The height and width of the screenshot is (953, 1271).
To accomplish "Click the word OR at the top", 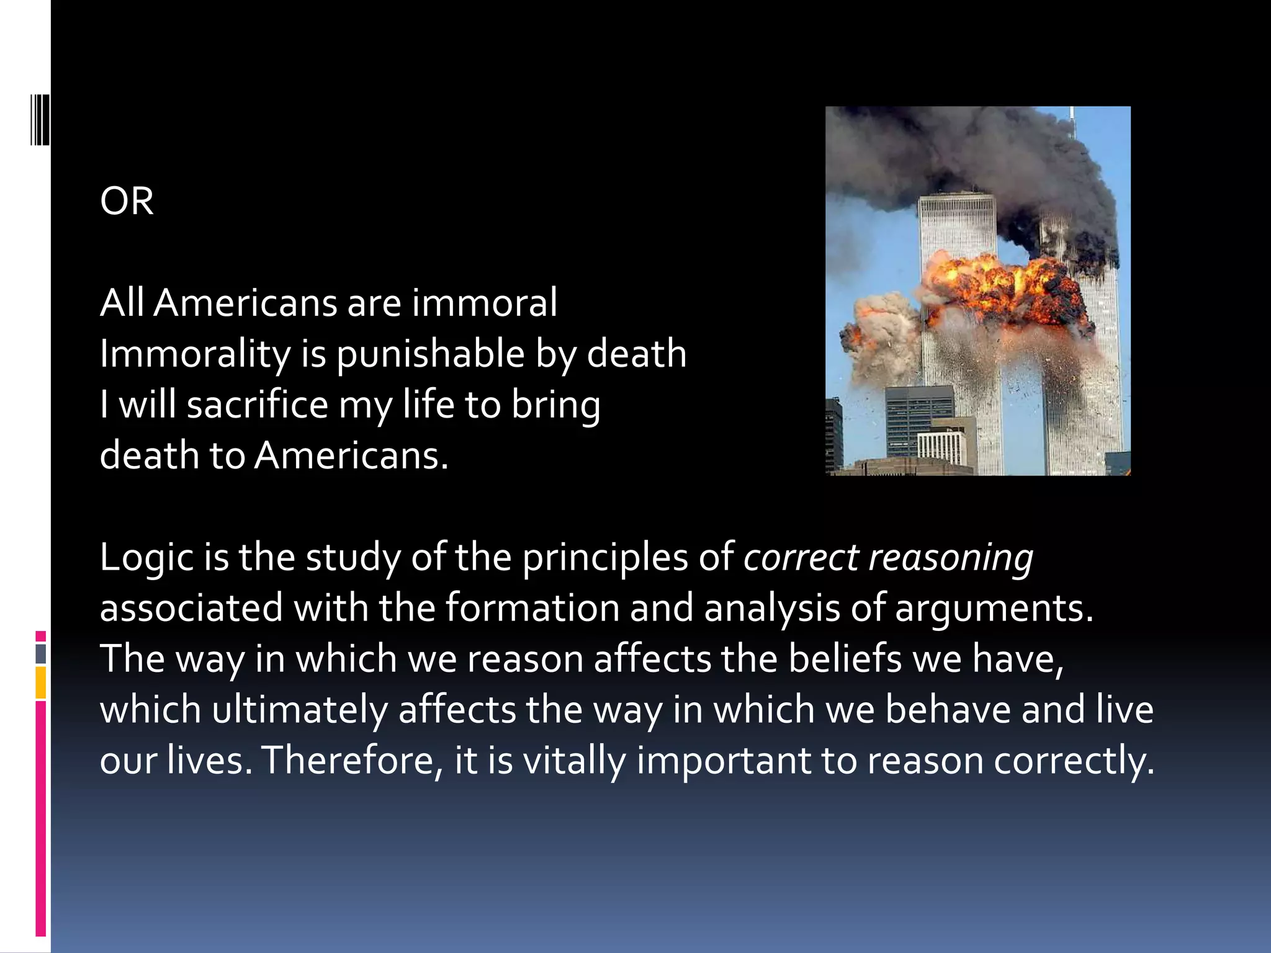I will (x=127, y=202).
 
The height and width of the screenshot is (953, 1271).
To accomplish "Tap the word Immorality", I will (x=195, y=355).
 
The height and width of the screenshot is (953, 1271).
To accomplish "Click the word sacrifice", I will (x=257, y=405).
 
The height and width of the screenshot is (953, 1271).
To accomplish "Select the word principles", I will (x=604, y=558).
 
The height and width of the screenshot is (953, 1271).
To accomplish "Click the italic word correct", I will (x=801, y=558).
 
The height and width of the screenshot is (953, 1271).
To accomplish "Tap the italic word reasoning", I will (x=951, y=558).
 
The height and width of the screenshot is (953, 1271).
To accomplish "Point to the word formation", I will (x=532, y=608).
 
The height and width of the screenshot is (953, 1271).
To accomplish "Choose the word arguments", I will (x=993, y=608).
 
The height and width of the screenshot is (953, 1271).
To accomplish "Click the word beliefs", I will (x=845, y=659).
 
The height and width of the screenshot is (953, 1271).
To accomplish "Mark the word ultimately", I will (x=300, y=710).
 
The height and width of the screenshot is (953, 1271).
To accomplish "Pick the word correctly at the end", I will (x=1074, y=761).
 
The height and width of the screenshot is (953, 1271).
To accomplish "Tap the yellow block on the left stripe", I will (x=41, y=682).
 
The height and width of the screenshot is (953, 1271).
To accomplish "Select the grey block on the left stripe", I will (x=41, y=654).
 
